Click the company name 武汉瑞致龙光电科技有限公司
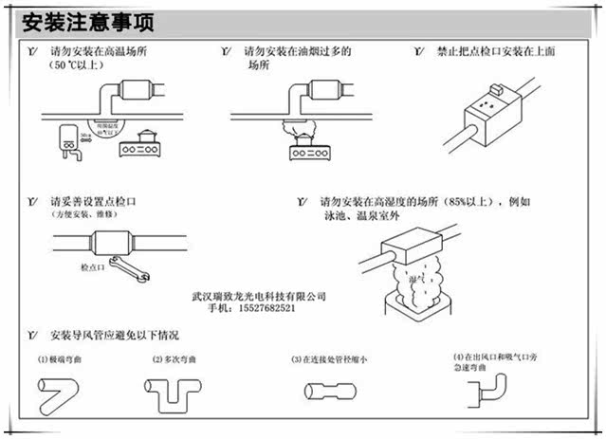point(258,295)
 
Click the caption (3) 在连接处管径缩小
point(330,360)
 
